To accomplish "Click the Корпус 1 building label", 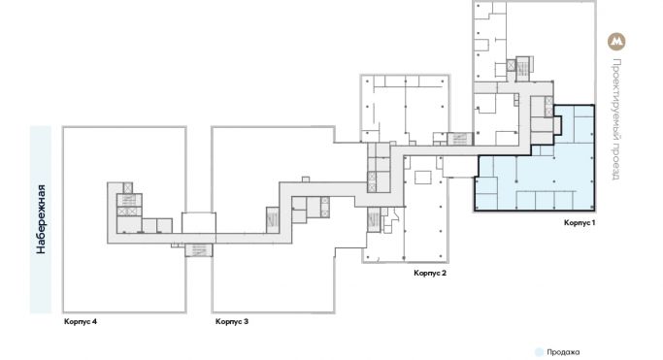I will coord(579,222).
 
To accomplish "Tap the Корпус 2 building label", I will coord(429,274).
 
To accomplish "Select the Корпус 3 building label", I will coord(232,321).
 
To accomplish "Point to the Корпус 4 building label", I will coord(80,321).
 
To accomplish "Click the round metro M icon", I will coord(615,42).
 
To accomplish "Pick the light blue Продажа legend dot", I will coord(539,352).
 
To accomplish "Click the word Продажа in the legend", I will coord(564,352).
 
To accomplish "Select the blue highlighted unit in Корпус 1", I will coord(544,175).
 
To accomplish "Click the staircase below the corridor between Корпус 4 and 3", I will coord(198,250).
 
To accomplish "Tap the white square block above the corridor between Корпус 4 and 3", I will coord(198,222).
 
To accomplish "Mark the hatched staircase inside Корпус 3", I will coord(273,219).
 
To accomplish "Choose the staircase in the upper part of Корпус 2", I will coord(458,140).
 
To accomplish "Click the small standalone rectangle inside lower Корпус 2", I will coord(424,179).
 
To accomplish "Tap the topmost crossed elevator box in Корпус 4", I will coord(127,187).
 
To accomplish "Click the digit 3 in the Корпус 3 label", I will coord(247,321).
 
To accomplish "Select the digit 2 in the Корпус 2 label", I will coord(444,274).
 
